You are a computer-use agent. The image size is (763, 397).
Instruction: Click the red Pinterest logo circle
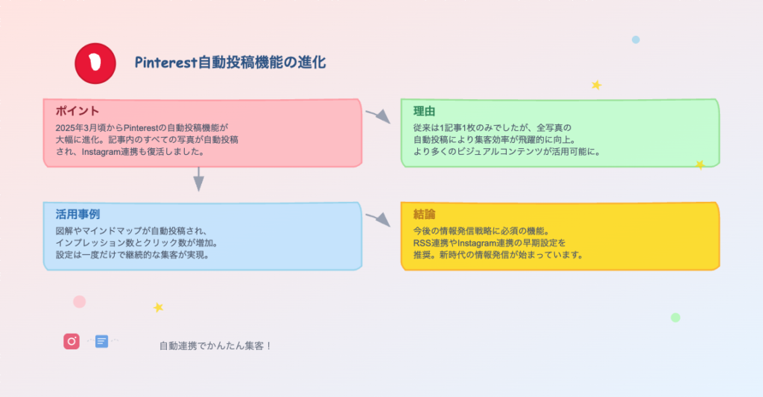click(95, 63)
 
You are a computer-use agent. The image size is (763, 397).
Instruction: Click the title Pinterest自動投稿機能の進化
click(230, 63)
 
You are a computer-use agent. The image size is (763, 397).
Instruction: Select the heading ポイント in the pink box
click(77, 111)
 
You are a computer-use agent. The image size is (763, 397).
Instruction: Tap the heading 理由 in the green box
click(424, 111)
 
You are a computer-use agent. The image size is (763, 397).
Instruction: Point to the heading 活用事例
click(77, 214)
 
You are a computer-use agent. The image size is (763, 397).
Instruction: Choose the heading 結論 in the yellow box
click(424, 214)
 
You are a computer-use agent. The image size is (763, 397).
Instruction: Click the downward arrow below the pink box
click(198, 179)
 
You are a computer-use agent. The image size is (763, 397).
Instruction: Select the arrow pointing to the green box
click(378, 116)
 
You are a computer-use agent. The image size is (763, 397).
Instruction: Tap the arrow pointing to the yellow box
click(378, 220)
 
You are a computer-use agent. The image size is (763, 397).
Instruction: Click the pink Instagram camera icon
click(72, 342)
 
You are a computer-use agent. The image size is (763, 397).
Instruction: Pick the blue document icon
click(101, 342)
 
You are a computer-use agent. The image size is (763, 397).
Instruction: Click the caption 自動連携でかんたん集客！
click(215, 346)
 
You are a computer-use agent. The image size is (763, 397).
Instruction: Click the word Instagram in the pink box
click(101, 152)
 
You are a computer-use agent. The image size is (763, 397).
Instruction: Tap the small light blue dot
click(636, 40)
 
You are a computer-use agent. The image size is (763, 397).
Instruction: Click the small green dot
click(675, 318)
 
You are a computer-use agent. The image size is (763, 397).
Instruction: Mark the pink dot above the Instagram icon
click(79, 302)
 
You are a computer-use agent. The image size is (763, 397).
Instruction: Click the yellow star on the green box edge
click(700, 165)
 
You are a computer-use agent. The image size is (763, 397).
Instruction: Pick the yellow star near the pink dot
click(158, 308)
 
